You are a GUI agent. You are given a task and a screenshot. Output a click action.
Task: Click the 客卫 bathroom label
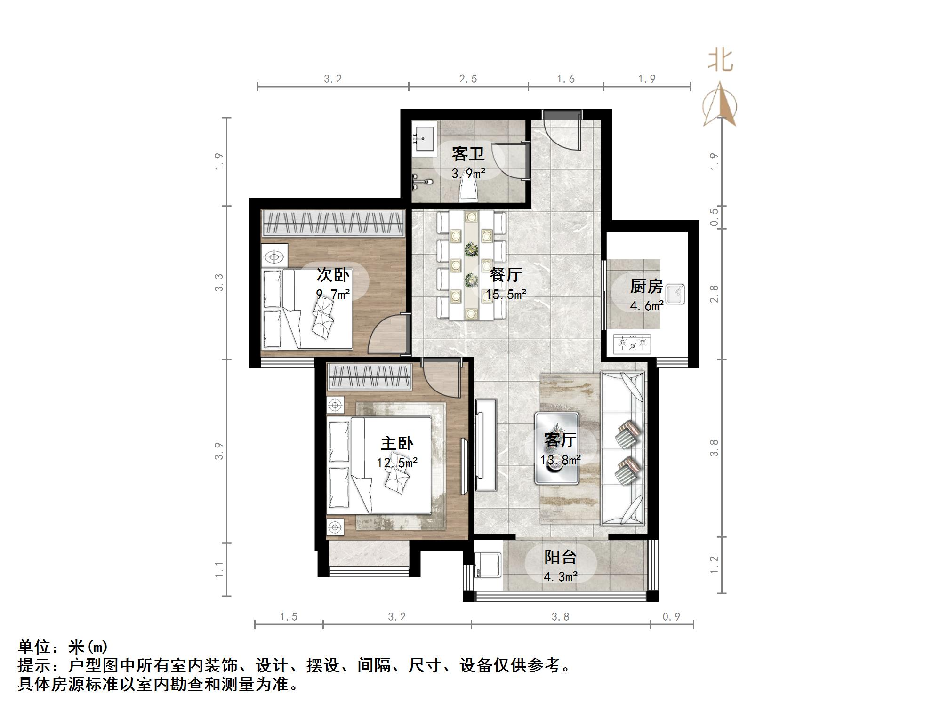[468, 153]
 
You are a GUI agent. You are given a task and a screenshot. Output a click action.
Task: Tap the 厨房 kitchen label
[646, 286]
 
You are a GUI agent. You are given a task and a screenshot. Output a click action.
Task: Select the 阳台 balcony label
[560, 557]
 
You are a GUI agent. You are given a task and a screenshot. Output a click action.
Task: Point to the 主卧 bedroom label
[397, 443]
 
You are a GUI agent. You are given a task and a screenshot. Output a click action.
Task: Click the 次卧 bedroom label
[333, 275]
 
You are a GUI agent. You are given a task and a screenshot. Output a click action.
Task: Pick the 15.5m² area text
[506, 295]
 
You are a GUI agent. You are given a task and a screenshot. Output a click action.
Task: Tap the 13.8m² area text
[560, 460]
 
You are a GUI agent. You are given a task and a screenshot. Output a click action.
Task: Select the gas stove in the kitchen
[632, 344]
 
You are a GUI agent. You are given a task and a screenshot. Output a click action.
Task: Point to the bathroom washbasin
[425, 138]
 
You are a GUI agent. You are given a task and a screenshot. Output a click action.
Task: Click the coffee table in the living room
[556, 448]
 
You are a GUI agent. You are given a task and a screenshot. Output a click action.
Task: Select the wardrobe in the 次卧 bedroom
[333, 223]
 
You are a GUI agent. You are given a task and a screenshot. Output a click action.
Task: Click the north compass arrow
[720, 104]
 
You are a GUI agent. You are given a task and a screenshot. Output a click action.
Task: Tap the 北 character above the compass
[721, 60]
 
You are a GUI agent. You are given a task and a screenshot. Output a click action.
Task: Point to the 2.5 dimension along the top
[468, 79]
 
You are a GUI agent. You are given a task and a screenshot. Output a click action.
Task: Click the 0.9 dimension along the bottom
[671, 616]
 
